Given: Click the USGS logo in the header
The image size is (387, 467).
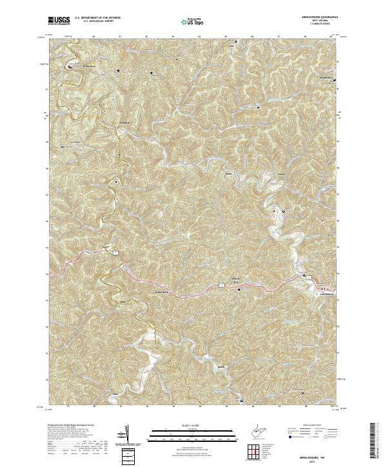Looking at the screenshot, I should (59, 21).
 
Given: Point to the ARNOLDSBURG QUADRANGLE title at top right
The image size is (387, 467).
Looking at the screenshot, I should (317, 17).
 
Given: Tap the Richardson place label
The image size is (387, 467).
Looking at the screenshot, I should (76, 66).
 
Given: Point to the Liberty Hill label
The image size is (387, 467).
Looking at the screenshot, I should (236, 280).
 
